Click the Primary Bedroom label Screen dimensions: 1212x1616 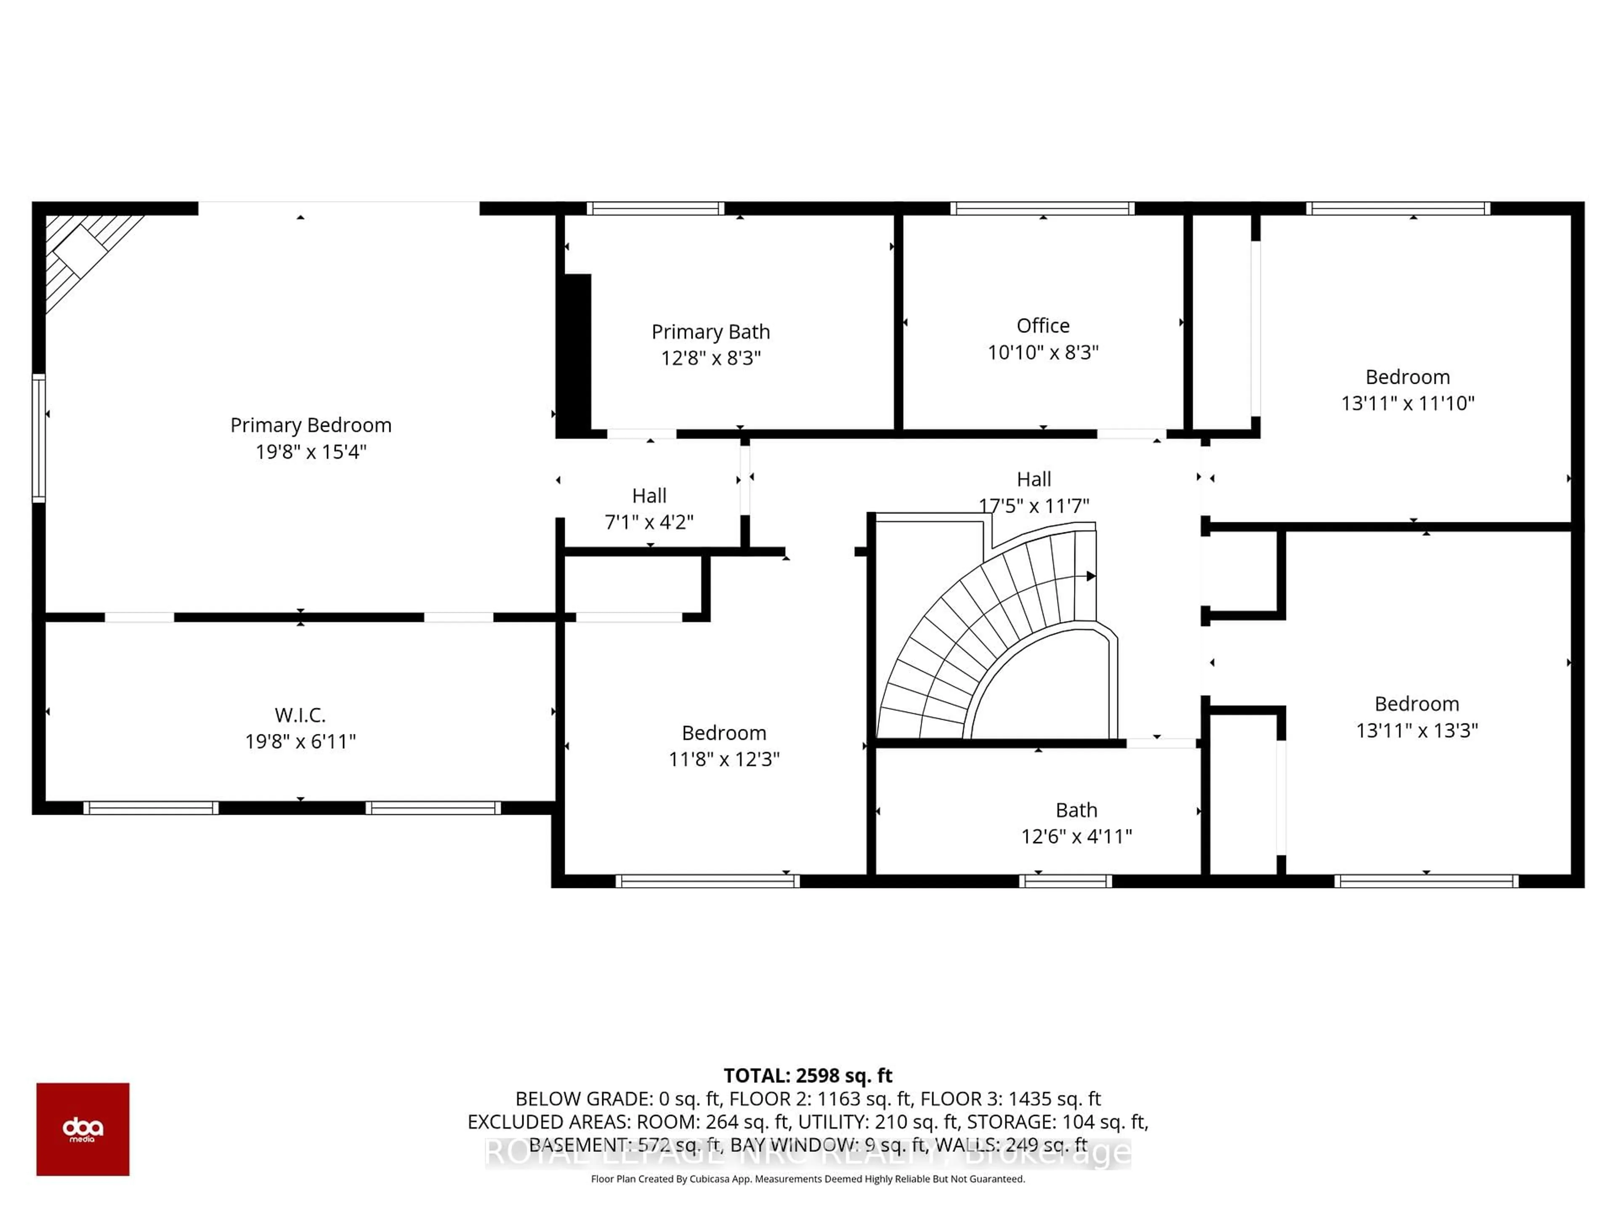(x=311, y=425)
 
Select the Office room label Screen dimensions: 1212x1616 (x=1042, y=326)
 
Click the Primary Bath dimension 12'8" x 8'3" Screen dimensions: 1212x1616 (x=711, y=358)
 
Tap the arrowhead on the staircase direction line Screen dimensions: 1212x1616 (x=1091, y=577)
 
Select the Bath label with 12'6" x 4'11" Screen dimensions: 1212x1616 (x=1076, y=810)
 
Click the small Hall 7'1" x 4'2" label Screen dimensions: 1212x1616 (x=649, y=496)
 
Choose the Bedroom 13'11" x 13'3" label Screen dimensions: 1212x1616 (x=1417, y=704)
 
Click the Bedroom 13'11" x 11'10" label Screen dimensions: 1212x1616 (x=1407, y=377)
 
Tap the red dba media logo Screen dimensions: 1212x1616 (x=82, y=1129)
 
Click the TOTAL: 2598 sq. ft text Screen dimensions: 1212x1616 (x=807, y=1075)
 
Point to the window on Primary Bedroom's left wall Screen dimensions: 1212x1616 (x=39, y=439)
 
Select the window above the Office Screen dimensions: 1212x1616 (x=1042, y=208)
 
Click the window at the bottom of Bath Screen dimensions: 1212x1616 (x=1065, y=881)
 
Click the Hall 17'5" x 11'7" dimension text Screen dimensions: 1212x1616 (x=1033, y=505)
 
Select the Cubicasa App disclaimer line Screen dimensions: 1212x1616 (x=807, y=1178)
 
